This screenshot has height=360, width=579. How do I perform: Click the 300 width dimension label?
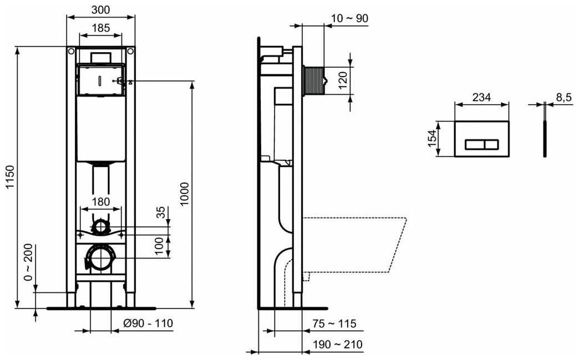(x=100, y=9)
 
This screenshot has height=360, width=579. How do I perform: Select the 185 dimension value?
(x=100, y=28)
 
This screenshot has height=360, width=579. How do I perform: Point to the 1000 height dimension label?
(x=185, y=194)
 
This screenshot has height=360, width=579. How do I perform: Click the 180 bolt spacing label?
(x=100, y=201)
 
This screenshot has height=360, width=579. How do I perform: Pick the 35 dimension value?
(x=161, y=212)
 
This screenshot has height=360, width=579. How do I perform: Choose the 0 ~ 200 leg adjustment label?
(x=28, y=262)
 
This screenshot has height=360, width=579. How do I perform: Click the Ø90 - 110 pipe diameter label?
(x=148, y=323)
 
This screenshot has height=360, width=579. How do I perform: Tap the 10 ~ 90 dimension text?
(x=350, y=18)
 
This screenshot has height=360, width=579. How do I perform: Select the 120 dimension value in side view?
(x=343, y=80)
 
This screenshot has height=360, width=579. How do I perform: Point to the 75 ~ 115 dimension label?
(x=334, y=324)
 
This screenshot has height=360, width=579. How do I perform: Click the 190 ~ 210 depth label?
(x=338, y=344)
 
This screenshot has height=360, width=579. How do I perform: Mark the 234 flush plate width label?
(x=482, y=97)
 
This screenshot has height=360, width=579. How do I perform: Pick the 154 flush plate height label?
(x=432, y=139)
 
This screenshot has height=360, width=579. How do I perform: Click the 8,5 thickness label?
(x=564, y=97)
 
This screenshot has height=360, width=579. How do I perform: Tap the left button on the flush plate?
(x=474, y=144)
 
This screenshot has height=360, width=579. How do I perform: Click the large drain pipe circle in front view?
(x=100, y=257)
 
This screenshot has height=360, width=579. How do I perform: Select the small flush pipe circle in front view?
(x=100, y=226)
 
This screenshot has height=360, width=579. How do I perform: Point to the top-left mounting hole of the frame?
(x=71, y=52)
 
